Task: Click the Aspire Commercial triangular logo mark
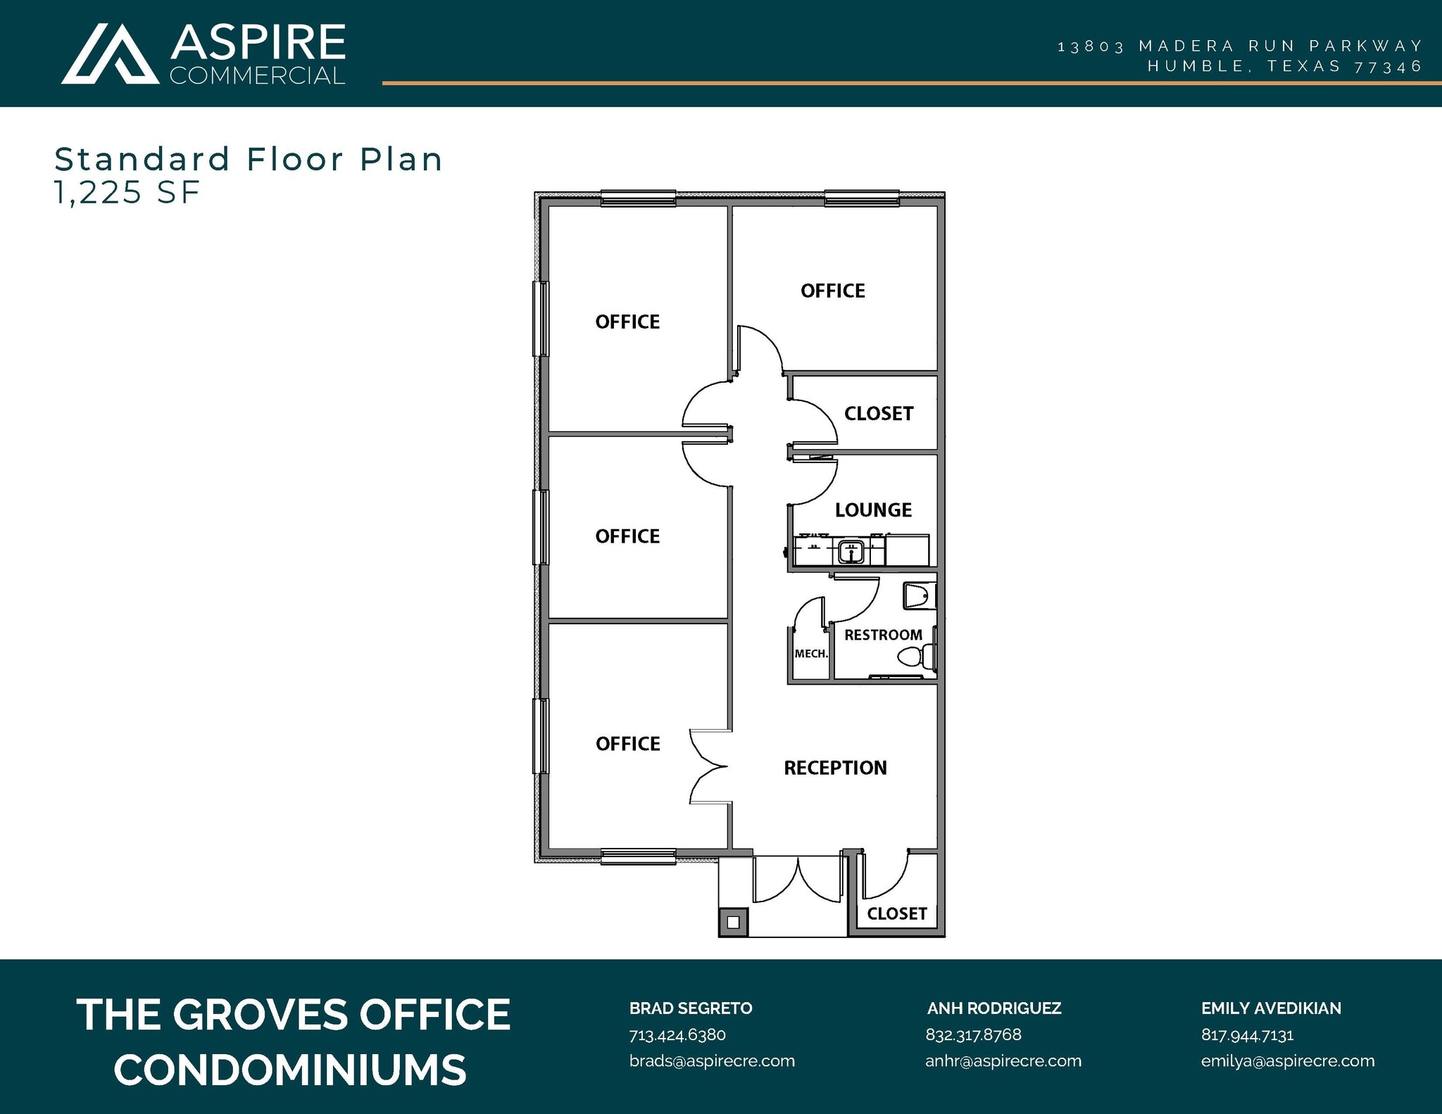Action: [x=110, y=55]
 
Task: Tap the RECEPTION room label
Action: [x=835, y=768]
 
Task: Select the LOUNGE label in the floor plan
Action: [x=873, y=509]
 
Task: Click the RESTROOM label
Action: [x=883, y=635]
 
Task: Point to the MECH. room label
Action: [x=810, y=654]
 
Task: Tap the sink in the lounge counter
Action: [x=851, y=551]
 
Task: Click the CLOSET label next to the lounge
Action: [x=879, y=414]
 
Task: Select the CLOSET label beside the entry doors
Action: [x=896, y=913]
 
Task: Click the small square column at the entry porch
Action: [x=733, y=922]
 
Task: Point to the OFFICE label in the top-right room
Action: [x=832, y=291]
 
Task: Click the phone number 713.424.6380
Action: [x=677, y=1034]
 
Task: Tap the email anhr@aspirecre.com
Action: [x=1003, y=1061]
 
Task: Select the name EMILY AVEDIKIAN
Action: [x=1270, y=1008]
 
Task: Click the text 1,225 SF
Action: [x=127, y=193]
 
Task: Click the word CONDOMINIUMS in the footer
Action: [x=290, y=1070]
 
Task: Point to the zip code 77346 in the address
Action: [x=1388, y=67]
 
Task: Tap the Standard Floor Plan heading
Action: [x=249, y=159]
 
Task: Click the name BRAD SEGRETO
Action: [x=690, y=1008]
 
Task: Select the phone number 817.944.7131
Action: [x=1247, y=1034]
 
